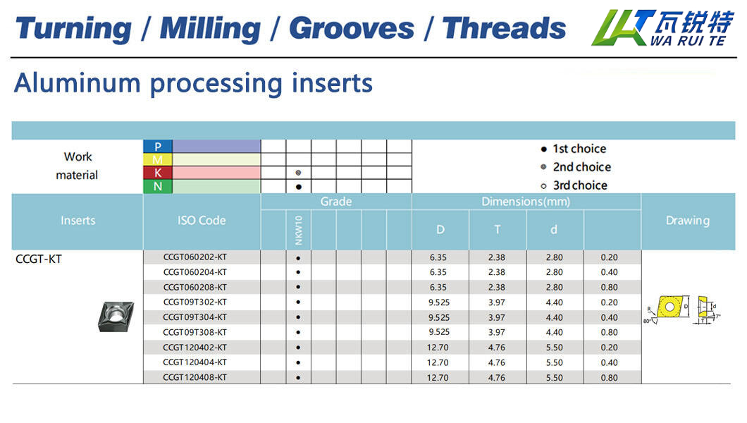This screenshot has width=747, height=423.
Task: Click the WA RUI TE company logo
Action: click(662, 27)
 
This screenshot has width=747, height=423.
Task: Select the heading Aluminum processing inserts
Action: click(193, 83)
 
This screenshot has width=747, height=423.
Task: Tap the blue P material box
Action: click(158, 146)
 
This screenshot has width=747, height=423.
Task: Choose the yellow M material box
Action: click(158, 159)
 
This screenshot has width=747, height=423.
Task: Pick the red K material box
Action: click(158, 173)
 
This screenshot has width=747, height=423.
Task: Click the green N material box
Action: click(158, 186)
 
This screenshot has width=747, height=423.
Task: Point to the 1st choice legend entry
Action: click(574, 149)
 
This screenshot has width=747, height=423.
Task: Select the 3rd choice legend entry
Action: click(574, 185)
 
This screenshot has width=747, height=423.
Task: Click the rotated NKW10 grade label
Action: click(299, 230)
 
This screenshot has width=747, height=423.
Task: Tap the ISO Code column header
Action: click(202, 221)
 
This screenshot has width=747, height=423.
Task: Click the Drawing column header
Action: click(687, 221)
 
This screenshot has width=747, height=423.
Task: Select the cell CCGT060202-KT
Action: click(195, 257)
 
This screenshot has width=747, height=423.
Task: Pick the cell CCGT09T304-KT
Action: click(195, 317)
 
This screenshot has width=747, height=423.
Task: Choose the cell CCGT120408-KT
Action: click(195, 377)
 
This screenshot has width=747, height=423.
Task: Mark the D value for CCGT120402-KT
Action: click(438, 348)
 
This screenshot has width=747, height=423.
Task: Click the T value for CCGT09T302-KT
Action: click(496, 302)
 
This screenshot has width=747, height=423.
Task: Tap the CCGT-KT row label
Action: click(39, 259)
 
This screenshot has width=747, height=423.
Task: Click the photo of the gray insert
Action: click(116, 317)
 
